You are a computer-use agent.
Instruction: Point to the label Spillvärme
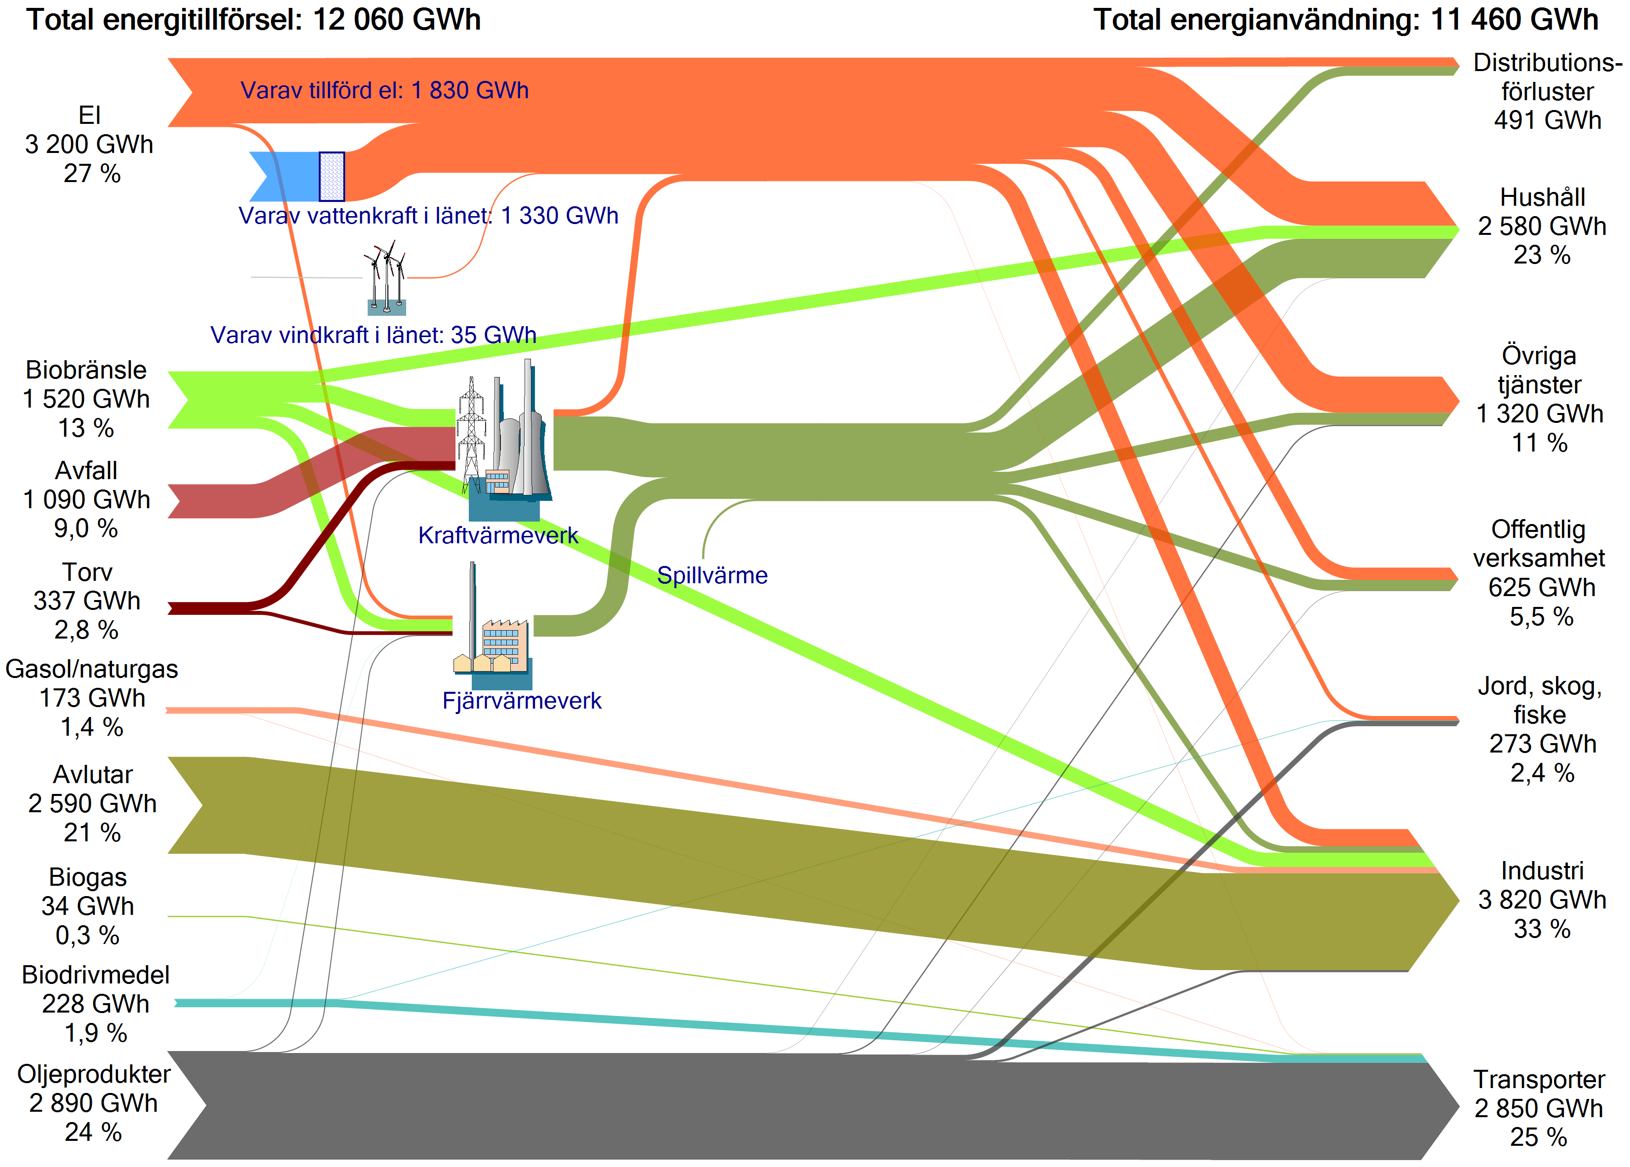[712, 575]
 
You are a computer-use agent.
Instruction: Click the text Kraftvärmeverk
[498, 535]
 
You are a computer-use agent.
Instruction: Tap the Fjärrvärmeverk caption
[522, 701]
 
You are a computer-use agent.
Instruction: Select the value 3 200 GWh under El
[89, 145]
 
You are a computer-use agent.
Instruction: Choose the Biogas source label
[88, 877]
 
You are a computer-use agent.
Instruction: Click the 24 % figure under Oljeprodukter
[93, 1132]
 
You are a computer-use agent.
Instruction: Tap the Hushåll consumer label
[1542, 197]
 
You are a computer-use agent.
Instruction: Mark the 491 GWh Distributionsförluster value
[1548, 120]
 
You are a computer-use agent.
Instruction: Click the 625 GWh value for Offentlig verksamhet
[1542, 588]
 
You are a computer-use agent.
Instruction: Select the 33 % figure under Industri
[1542, 929]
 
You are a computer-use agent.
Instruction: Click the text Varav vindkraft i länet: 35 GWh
[373, 335]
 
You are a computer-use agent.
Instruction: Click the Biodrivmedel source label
[96, 975]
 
